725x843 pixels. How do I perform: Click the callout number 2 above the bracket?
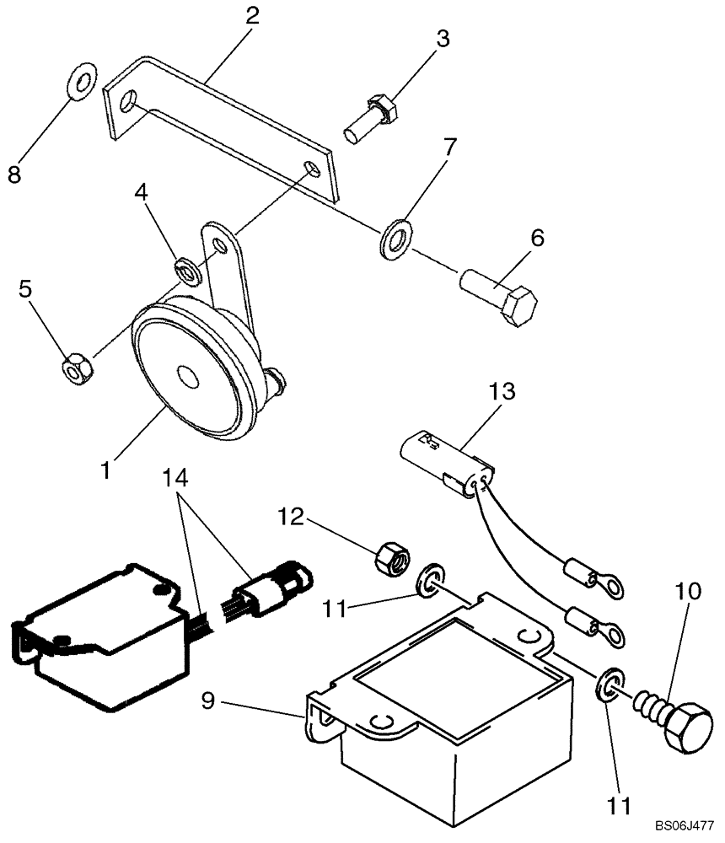tap(250, 16)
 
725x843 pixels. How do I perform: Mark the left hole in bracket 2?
tap(129, 103)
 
